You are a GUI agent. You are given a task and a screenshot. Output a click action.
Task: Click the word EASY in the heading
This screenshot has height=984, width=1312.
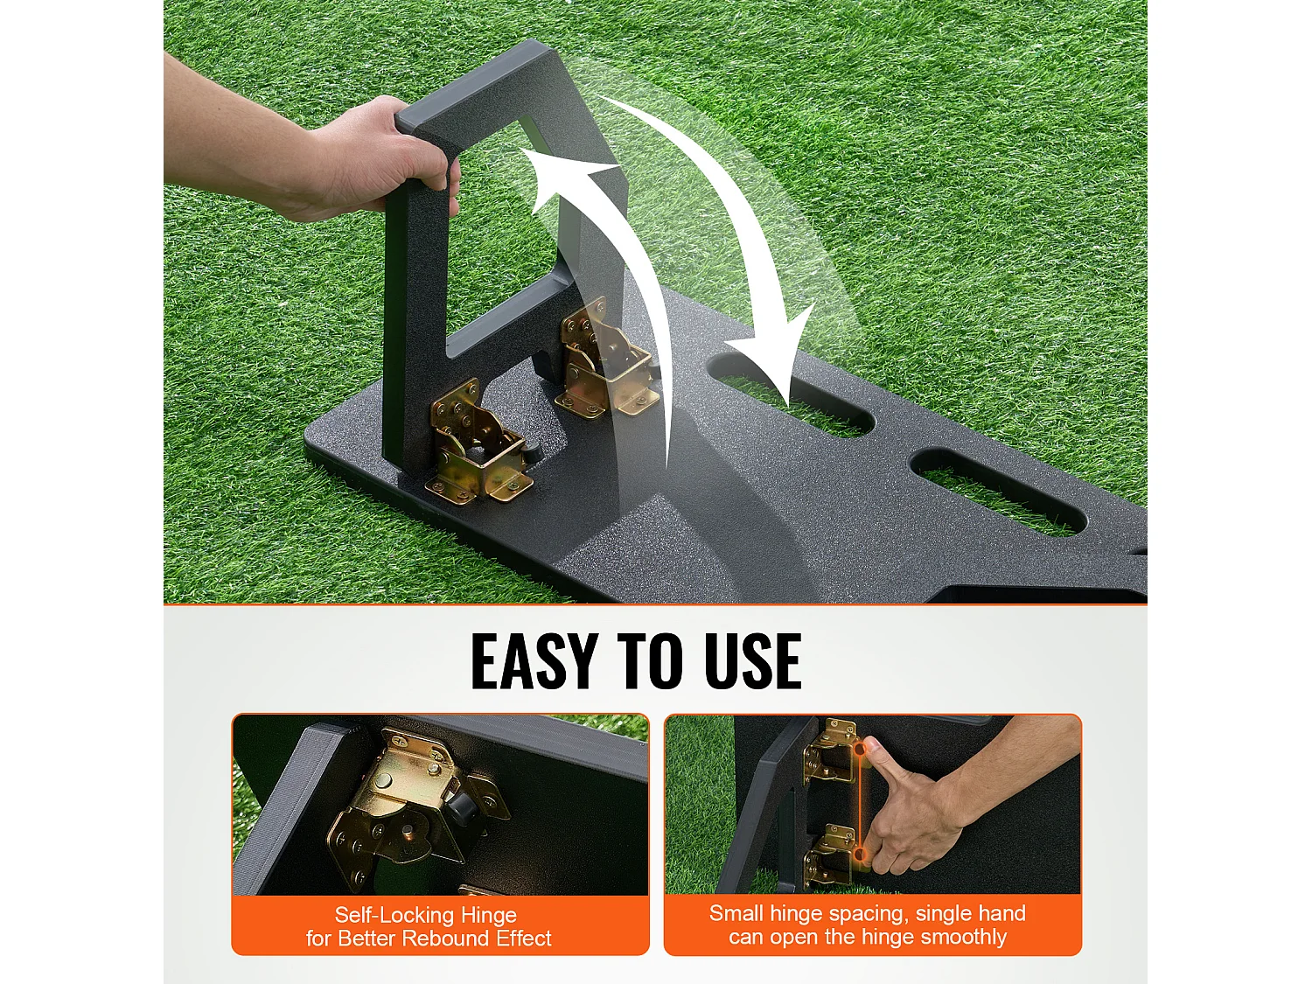coord(534,661)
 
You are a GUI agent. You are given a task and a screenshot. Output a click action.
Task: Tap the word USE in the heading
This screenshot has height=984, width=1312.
coord(752,661)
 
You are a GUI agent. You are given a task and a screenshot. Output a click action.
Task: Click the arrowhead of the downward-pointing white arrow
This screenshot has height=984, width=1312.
coord(774,359)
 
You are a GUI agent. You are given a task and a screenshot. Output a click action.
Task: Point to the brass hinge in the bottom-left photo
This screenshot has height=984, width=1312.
coord(407,805)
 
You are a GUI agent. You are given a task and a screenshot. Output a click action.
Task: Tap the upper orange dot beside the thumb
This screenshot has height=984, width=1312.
coord(860,749)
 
